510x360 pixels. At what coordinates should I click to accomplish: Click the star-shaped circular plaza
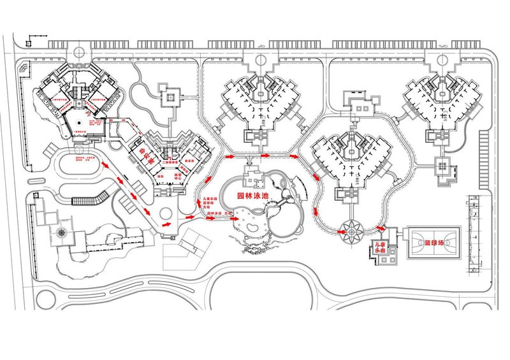click(x=350, y=233)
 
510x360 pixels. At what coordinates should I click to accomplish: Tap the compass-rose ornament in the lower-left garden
click(x=61, y=233)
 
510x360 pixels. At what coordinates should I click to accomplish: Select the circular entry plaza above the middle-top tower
click(x=260, y=61)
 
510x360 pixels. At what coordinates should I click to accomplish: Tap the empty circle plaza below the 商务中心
click(x=166, y=212)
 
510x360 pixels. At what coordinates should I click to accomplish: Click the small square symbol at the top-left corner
click(x=28, y=43)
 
